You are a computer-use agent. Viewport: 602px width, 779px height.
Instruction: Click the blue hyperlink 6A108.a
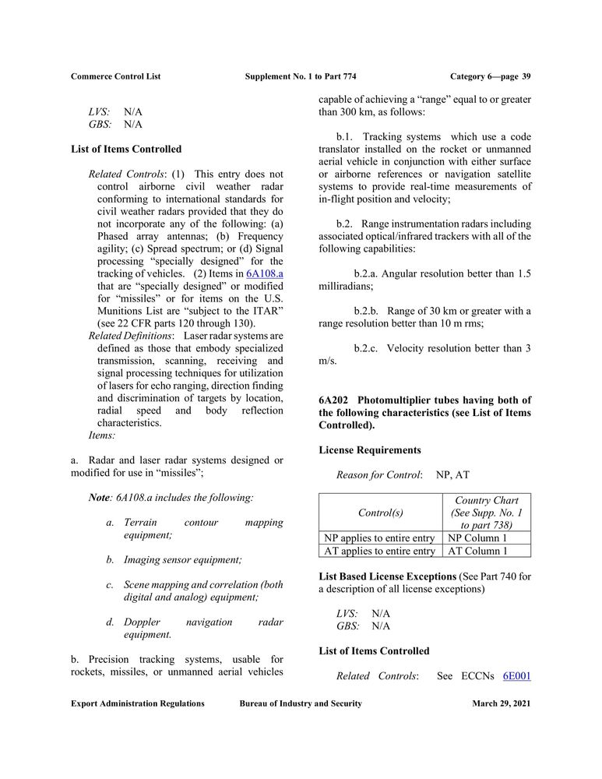coord(264,273)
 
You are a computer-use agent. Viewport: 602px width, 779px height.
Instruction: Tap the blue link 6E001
coord(517,675)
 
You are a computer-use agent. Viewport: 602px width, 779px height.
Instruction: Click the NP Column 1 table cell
coord(487,538)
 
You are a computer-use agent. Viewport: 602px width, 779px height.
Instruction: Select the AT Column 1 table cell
coord(487,551)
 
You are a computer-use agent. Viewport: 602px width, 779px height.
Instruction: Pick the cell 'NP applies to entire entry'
coord(379,538)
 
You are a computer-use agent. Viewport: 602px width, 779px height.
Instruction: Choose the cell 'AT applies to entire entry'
coord(379,551)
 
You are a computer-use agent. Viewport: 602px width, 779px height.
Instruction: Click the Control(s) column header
coord(379,513)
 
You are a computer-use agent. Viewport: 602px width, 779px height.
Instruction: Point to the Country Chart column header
coord(487,513)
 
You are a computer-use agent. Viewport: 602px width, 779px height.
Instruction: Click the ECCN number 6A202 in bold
coord(333,400)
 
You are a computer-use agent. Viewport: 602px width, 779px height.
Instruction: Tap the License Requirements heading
coord(370,450)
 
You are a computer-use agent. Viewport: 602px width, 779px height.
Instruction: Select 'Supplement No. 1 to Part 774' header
coord(301,76)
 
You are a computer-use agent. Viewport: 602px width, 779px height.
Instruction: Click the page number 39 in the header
coord(526,76)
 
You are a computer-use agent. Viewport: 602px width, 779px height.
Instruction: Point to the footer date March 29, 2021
coord(501,703)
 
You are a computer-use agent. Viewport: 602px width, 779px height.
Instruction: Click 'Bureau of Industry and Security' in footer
coord(301,703)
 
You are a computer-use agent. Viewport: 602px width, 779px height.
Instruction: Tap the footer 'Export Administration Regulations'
coord(138,703)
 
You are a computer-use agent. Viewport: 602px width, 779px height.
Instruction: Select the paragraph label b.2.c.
coord(365,348)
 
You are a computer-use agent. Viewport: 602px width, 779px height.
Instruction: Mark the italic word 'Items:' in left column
coord(102,435)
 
